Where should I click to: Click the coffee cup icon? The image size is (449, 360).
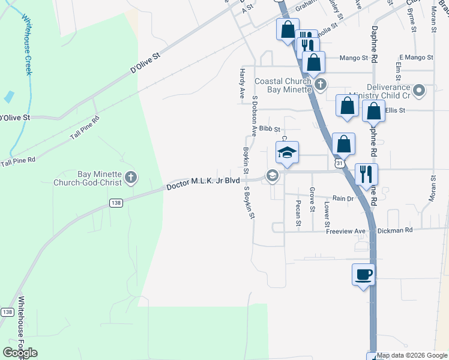coord(363,275)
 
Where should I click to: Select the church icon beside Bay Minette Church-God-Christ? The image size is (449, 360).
coord(131,178)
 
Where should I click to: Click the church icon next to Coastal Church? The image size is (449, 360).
coord(321,84)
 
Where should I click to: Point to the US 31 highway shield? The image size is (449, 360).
coord(340,163)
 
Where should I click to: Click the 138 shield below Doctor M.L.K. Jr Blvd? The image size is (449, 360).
coord(116,204)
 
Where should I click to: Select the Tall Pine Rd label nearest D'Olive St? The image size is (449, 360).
coord(85,127)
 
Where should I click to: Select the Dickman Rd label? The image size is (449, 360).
coord(396,230)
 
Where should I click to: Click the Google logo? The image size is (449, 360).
coord(20,353)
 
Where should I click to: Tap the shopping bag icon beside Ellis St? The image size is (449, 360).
coord(373,111)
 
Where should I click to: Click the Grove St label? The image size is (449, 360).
coord(312,200)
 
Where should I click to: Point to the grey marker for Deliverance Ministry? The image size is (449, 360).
coord(419,91)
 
